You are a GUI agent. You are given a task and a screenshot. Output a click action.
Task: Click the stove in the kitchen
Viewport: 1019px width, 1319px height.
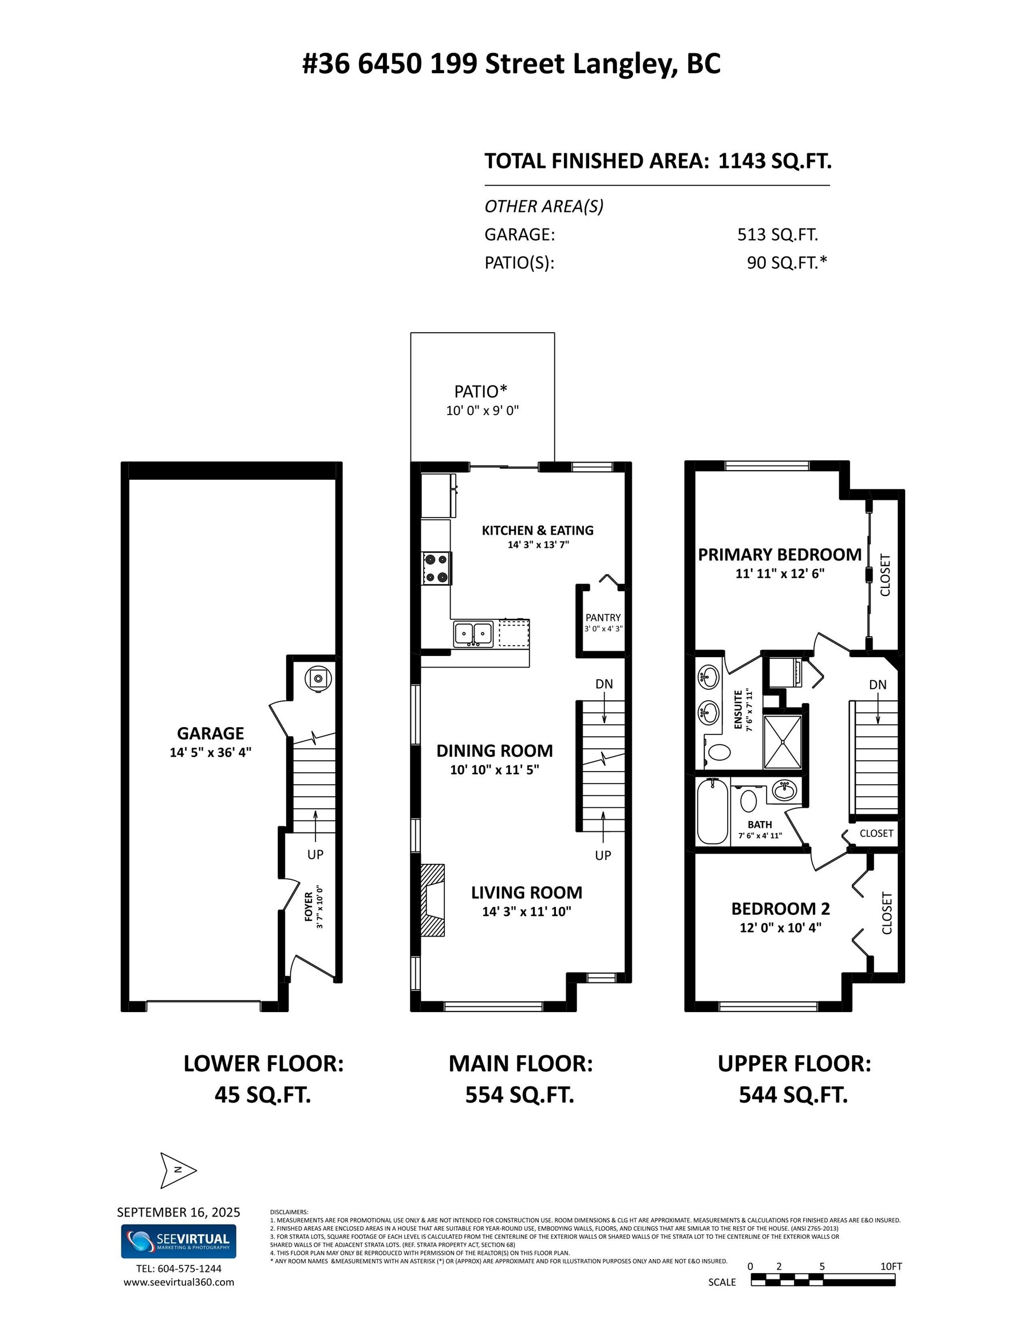(x=437, y=568)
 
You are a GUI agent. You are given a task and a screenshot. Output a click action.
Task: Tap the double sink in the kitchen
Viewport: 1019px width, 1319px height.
(x=473, y=634)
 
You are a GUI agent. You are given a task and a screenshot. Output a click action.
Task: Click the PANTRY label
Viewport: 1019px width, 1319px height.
(x=603, y=617)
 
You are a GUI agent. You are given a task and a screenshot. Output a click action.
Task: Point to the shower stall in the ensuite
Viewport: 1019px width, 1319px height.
(x=782, y=741)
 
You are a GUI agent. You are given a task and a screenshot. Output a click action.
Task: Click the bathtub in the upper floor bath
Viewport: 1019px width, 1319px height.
(x=712, y=811)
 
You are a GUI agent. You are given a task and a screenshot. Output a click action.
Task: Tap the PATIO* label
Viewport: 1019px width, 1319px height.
(x=481, y=392)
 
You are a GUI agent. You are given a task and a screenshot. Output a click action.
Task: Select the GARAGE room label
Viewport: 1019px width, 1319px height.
(x=210, y=733)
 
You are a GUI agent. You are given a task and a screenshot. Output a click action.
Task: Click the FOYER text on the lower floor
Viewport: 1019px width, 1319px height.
(x=309, y=906)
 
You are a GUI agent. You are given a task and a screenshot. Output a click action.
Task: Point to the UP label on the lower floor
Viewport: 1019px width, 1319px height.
(x=315, y=854)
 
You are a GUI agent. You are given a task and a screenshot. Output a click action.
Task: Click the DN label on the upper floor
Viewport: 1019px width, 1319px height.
(x=878, y=684)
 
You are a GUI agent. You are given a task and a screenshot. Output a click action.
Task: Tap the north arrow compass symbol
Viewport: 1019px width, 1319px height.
(x=177, y=1170)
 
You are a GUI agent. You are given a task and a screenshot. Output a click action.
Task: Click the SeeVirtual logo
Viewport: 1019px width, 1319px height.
(x=178, y=1241)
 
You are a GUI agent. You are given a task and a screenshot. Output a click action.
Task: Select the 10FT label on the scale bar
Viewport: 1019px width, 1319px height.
(x=890, y=1266)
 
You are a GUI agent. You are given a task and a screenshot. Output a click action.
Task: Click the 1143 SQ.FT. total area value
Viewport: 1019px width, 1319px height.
(x=775, y=161)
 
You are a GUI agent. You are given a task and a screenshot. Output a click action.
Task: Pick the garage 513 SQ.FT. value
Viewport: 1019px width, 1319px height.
(x=777, y=234)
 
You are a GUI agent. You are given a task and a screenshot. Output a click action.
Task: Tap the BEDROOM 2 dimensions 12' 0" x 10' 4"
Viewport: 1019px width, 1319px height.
(x=780, y=927)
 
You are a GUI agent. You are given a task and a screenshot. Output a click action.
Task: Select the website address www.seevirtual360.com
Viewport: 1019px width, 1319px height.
(x=178, y=1282)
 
